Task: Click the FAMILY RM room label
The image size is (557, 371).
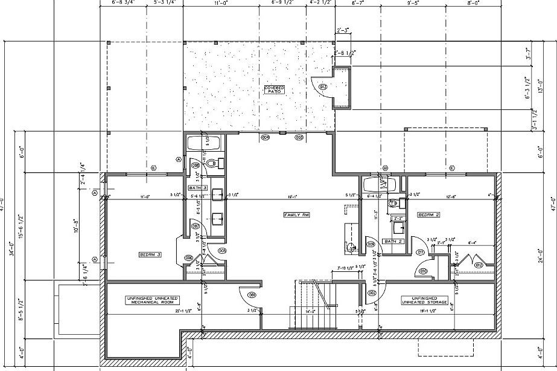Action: click(297, 215)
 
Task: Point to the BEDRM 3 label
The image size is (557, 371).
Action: click(150, 254)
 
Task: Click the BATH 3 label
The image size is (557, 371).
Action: click(198, 188)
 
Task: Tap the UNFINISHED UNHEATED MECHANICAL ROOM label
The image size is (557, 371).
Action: click(151, 300)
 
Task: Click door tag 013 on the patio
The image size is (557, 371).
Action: click(323, 86)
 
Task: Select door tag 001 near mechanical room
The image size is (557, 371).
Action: click(252, 294)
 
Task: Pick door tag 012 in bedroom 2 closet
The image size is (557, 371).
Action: click(478, 265)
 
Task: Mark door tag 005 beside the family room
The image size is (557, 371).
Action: click(222, 250)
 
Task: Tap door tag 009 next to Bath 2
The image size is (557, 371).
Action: click(371, 245)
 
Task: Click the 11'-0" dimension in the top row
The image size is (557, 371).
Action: click(221, 3)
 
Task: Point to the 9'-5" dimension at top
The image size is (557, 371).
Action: click(413, 3)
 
